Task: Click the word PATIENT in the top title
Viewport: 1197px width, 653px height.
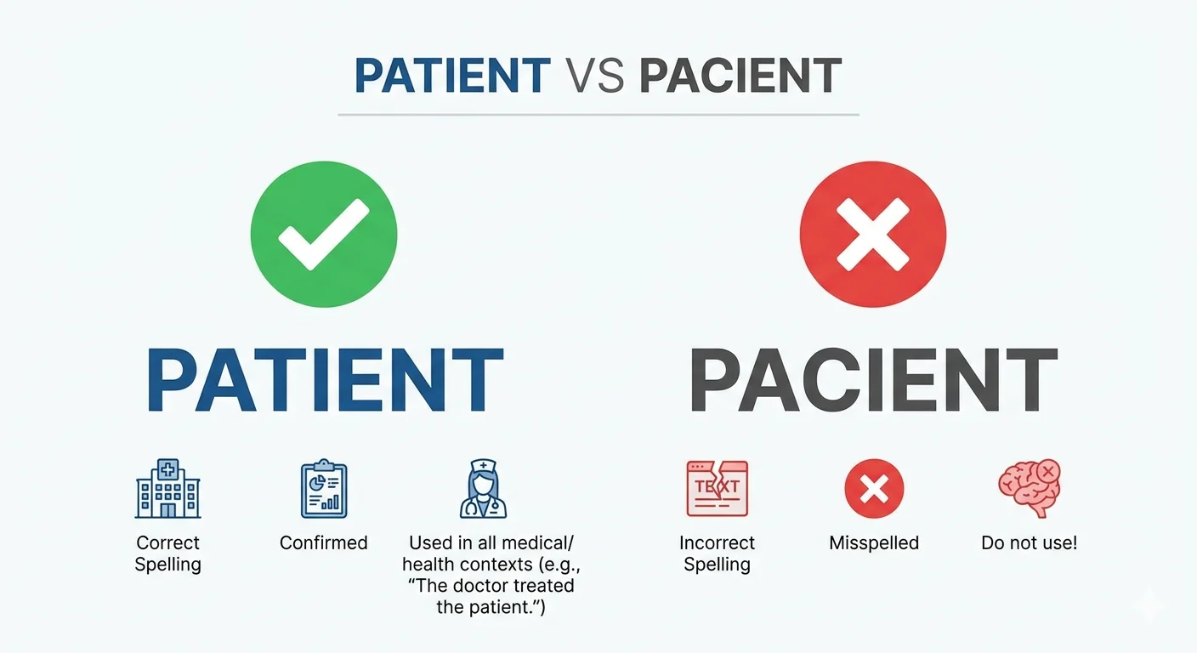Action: coord(451,77)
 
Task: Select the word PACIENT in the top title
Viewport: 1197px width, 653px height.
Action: coord(740,77)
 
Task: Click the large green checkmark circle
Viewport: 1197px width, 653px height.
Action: coord(324,234)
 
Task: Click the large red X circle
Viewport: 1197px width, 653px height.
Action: coord(872,234)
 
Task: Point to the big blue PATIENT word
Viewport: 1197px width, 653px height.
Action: coord(325,380)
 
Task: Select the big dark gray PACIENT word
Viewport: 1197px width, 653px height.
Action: coord(873,380)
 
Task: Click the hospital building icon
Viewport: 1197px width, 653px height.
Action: coord(167,489)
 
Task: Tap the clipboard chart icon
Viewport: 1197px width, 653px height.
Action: coord(324,489)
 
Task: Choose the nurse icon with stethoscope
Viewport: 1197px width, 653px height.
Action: coord(482,489)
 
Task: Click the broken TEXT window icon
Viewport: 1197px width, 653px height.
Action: coord(717,489)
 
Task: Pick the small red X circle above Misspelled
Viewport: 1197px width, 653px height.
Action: coord(874,489)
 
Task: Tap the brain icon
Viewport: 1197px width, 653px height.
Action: coord(1029,489)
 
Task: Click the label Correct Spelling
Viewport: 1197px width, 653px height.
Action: coord(167,554)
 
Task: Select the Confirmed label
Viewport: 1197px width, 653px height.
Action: coord(324,543)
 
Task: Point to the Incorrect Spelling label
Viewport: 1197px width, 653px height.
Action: coord(717,554)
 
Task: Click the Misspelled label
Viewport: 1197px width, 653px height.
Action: coord(874,543)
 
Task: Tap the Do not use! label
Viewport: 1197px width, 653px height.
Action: coord(1029,543)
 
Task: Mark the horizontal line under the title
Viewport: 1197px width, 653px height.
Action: coord(598,114)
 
